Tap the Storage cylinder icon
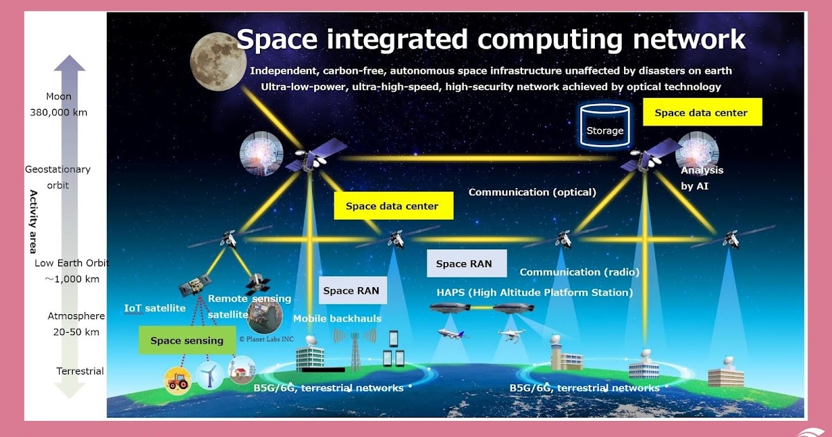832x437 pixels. (605, 126)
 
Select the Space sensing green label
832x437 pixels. (187, 341)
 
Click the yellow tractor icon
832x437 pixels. (177, 379)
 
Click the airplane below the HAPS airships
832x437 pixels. (454, 334)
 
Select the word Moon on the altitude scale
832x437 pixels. (58, 96)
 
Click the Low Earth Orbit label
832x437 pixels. (72, 264)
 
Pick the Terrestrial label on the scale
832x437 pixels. (80, 371)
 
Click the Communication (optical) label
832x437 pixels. (532, 192)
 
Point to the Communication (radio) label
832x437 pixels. (580, 272)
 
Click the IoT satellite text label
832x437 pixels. (155, 308)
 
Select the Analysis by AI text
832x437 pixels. (702, 178)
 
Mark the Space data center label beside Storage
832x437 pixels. (702, 112)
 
